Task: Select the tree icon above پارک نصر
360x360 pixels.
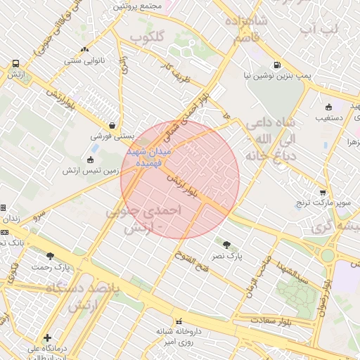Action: [226, 245]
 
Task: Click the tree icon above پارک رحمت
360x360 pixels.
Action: [49, 256]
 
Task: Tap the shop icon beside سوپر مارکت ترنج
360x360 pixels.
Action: [323, 192]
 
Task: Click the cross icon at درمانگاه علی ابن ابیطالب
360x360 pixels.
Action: [47, 338]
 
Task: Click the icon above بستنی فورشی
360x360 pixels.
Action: [112, 125]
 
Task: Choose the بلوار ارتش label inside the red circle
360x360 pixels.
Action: [183, 184]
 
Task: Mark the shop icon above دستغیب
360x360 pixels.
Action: [328, 107]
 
